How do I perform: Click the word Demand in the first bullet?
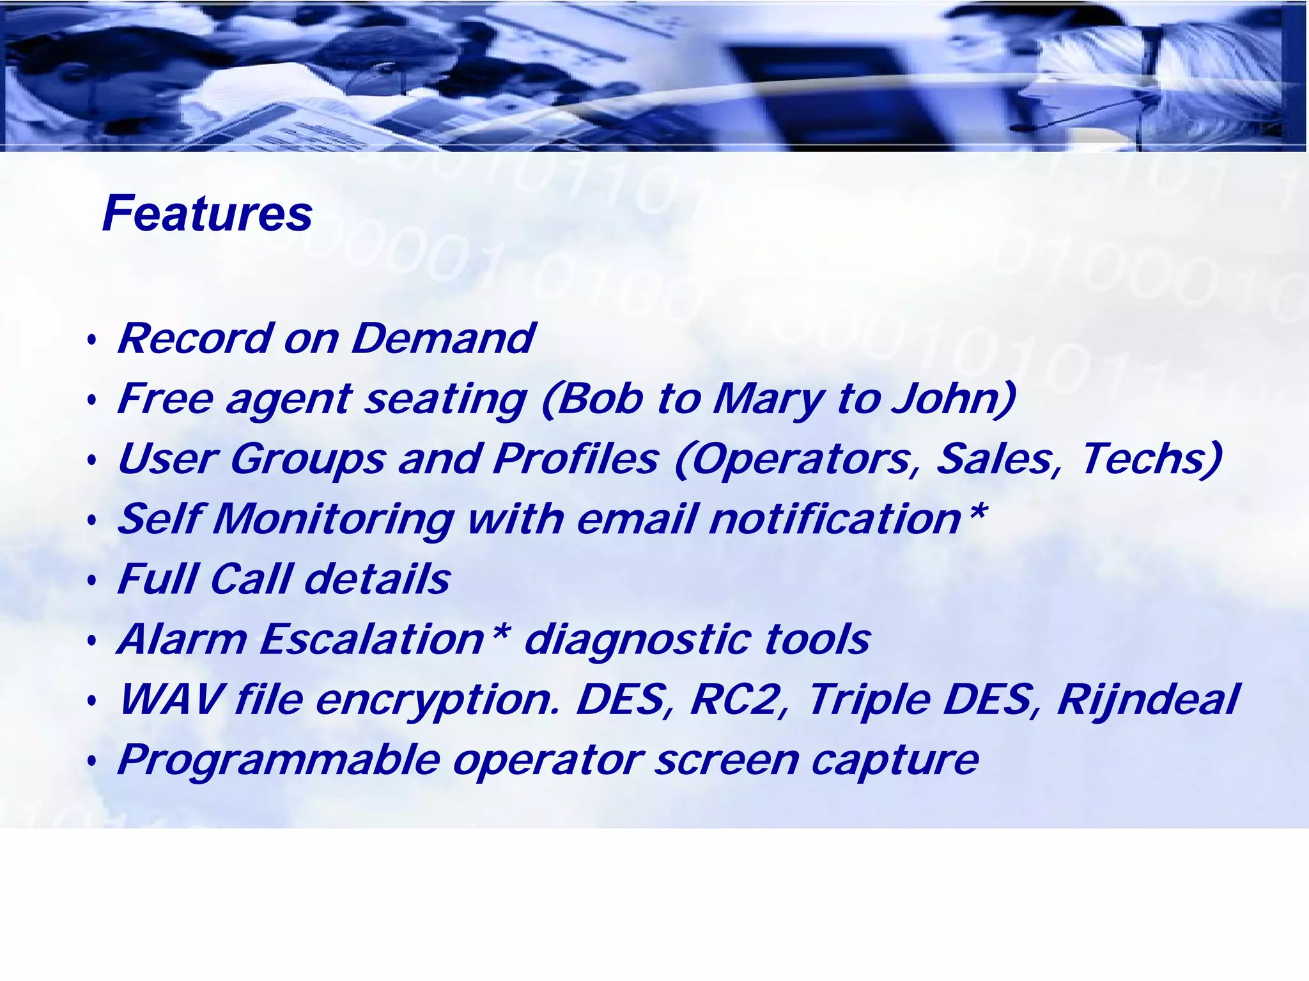(443, 338)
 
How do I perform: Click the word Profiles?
(575, 459)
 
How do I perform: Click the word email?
(635, 519)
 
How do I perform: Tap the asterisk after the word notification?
(976, 511)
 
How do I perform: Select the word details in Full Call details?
(377, 579)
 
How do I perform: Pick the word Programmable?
(279, 761)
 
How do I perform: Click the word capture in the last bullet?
(895, 761)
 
